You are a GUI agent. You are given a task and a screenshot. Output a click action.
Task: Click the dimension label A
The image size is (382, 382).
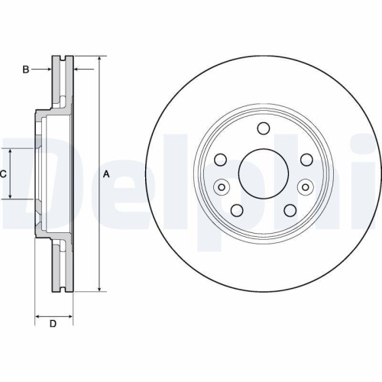pos(106,174)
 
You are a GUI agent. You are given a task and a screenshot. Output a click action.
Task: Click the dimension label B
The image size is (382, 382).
pos(25,70)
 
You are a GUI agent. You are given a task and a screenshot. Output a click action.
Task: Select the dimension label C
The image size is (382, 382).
pos(4,174)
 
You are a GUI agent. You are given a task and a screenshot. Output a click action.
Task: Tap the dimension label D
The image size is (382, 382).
pos(53,324)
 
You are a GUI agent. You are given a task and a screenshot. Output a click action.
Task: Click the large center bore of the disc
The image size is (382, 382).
pos(264,173)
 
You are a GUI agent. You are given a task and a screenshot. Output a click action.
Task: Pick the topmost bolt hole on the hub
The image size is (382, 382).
pos(264,128)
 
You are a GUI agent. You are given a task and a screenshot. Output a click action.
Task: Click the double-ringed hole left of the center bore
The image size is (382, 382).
pos(222,186)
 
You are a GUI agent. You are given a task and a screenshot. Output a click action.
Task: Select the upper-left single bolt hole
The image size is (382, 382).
pos(221,159)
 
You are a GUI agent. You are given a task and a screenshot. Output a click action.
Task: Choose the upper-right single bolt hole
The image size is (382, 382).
pos(306,159)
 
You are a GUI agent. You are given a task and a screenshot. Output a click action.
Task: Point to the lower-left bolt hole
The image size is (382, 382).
pos(237,210)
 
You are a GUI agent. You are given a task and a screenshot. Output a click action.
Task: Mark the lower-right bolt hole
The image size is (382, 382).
pos(290,210)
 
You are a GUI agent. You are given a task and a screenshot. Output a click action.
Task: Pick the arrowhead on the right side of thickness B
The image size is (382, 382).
pos(77,70)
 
